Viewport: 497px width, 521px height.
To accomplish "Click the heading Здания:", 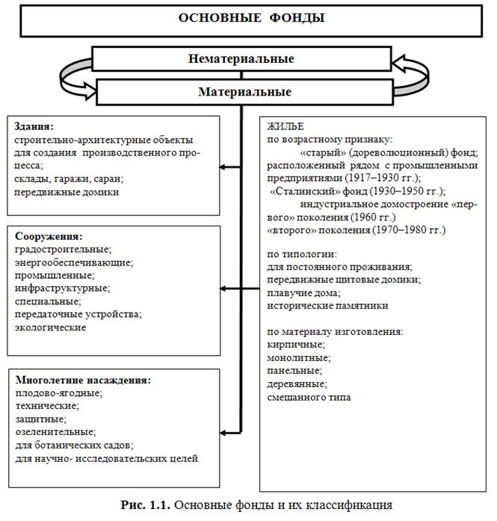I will click(34, 127).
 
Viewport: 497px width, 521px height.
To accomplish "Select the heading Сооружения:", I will click(46, 235).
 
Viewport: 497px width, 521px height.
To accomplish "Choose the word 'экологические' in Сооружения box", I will click(50, 327).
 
